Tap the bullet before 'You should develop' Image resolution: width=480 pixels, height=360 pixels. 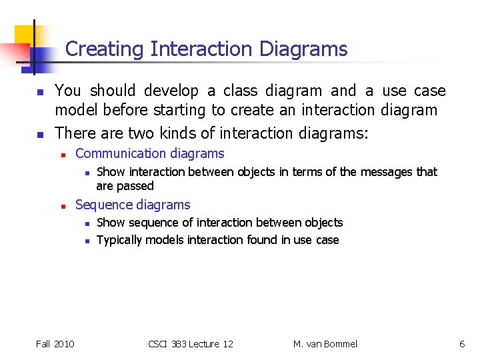[x=39, y=91]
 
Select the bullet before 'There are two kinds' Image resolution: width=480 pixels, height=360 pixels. [x=39, y=134]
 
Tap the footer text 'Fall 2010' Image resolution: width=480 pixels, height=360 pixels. [x=55, y=344]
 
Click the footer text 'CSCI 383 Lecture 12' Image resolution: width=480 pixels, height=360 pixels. [x=190, y=344]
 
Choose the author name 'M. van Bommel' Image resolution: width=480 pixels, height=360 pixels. [x=325, y=344]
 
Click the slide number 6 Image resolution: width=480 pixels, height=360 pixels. [x=461, y=344]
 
